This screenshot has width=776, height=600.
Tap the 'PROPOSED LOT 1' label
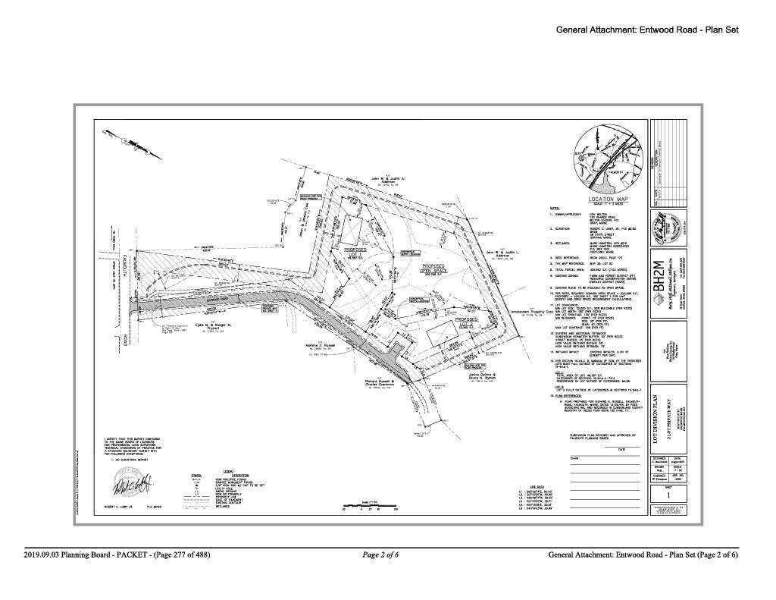pos(355,251)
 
